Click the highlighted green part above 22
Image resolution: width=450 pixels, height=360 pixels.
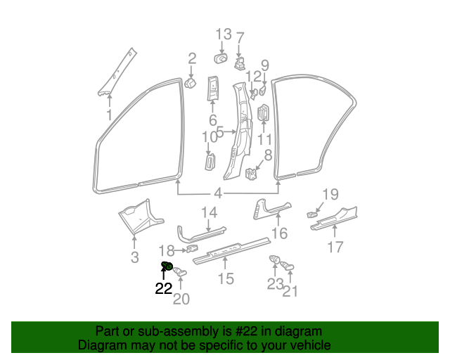[167, 266]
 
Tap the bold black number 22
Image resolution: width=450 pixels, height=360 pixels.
[164, 288]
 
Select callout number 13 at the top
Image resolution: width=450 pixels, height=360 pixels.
[224, 34]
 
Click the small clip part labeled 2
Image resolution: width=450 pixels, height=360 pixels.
[191, 83]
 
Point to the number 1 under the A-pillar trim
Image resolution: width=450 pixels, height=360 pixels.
[109, 115]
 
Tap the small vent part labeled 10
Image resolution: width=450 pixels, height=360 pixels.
[210, 162]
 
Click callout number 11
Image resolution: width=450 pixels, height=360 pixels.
[264, 140]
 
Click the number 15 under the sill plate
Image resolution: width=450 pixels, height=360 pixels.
[226, 278]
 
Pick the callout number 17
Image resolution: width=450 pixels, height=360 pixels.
[335, 247]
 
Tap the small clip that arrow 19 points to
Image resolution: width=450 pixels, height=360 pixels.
[312, 214]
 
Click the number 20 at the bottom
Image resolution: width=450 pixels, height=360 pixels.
[181, 299]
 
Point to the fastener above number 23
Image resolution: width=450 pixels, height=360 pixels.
[274, 259]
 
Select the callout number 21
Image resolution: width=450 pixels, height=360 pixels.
[290, 291]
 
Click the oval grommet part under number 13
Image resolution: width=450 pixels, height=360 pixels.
[221, 58]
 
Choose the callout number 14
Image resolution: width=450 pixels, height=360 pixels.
[209, 212]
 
